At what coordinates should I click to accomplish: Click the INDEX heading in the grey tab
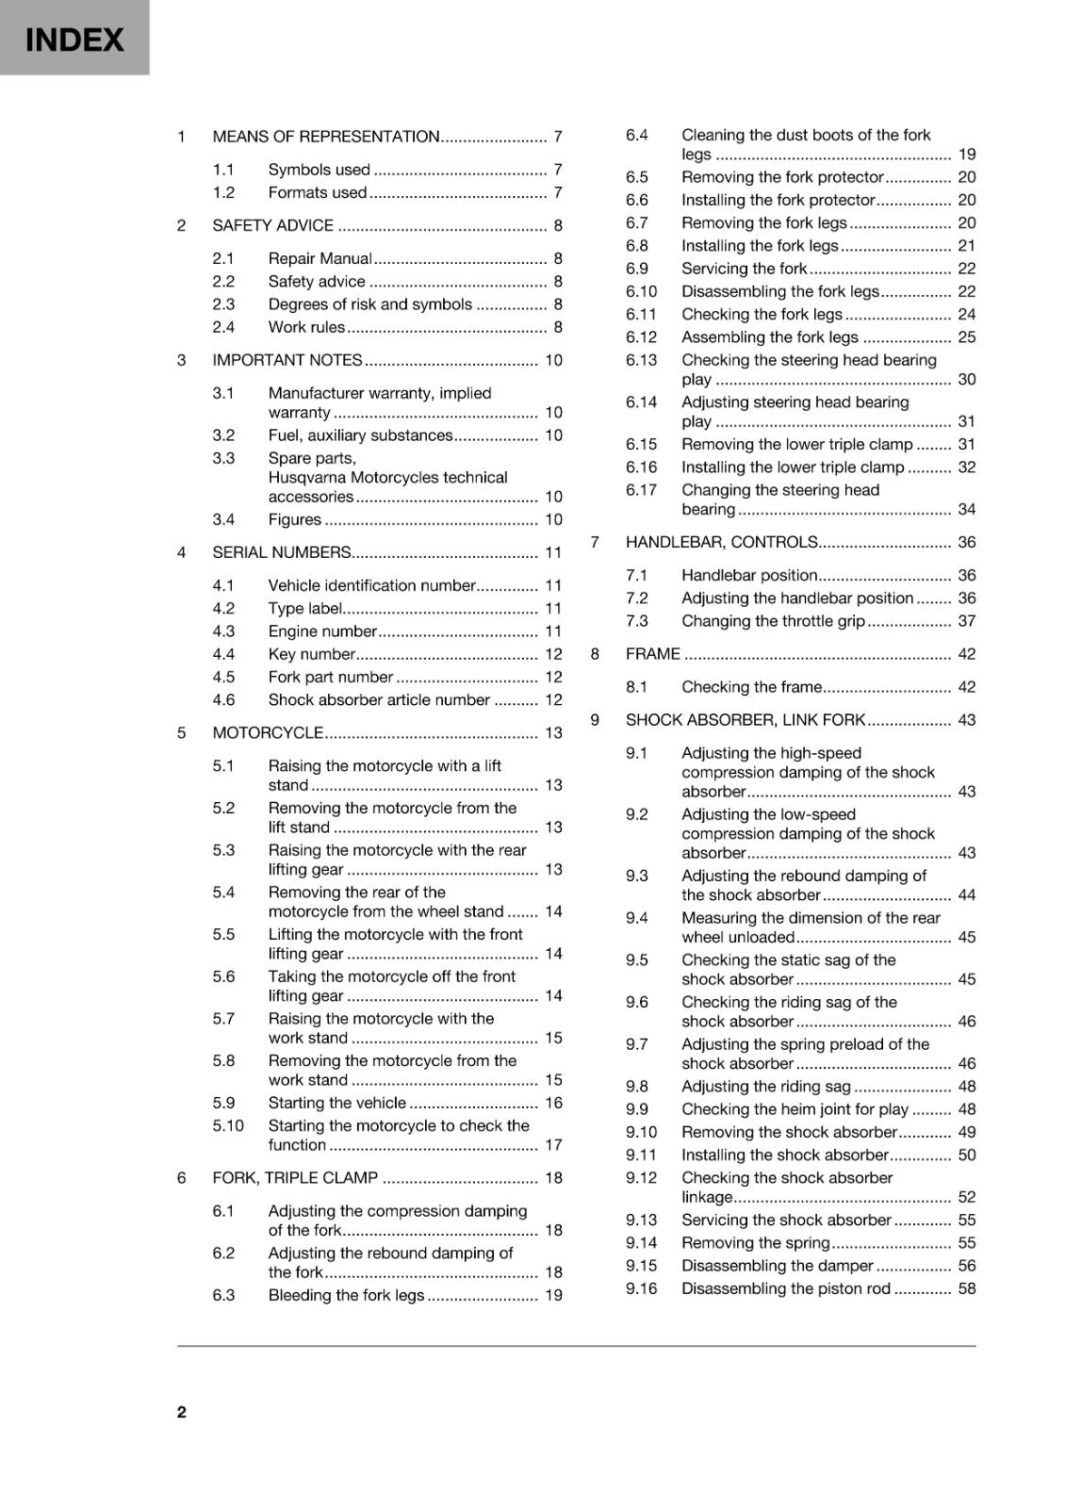(x=74, y=40)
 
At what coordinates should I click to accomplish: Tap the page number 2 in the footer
(x=182, y=1411)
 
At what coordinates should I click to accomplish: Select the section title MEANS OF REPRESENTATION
(x=326, y=137)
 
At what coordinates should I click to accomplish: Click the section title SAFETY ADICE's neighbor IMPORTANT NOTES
(x=287, y=360)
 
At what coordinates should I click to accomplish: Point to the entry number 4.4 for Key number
(x=223, y=654)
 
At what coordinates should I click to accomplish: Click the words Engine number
(x=322, y=631)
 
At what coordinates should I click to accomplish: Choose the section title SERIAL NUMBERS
(x=282, y=552)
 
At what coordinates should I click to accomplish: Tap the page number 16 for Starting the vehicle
(x=553, y=1103)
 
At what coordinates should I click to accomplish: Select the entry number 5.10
(x=228, y=1125)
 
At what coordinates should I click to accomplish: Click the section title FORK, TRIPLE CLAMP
(x=295, y=1177)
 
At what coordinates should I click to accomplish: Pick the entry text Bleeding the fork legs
(x=346, y=1295)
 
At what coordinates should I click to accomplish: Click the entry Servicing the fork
(x=744, y=269)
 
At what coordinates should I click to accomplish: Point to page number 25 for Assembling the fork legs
(x=966, y=337)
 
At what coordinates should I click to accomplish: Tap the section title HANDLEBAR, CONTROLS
(x=721, y=542)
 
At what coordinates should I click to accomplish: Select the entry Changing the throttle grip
(x=773, y=621)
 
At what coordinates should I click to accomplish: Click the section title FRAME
(x=652, y=654)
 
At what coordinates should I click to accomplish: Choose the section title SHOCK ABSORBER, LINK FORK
(x=745, y=720)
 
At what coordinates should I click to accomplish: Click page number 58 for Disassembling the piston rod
(x=966, y=1288)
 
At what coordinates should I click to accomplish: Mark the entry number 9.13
(x=641, y=1220)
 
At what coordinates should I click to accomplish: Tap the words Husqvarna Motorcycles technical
(x=387, y=478)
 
